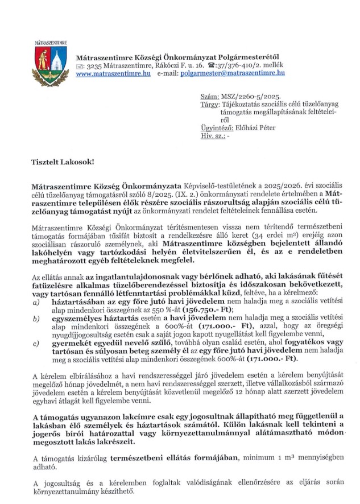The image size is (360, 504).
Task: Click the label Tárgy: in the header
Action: [210, 106]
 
